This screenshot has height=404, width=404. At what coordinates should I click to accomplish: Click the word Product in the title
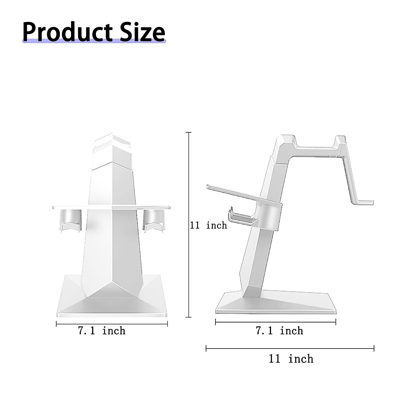67,32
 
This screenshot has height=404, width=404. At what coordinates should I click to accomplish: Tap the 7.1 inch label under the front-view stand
102,331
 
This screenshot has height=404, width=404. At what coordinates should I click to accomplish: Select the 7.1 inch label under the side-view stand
279,331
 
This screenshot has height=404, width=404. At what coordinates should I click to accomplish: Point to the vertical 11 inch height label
208,225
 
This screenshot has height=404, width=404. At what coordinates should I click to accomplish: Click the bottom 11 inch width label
291,359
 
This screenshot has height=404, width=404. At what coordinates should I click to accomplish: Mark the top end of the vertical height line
189,133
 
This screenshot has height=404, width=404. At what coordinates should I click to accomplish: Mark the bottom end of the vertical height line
189,317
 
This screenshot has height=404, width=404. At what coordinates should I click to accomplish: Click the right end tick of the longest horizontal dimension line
374,348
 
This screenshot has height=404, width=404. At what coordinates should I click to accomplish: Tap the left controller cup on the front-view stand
71,221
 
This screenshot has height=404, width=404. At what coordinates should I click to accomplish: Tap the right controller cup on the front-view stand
154,221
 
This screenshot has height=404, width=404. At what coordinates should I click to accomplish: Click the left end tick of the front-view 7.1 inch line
56,324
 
